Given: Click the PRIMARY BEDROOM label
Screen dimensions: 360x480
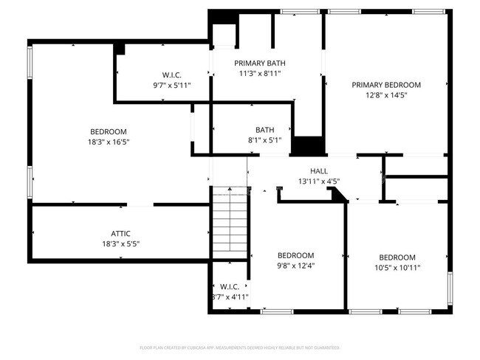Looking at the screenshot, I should tap(386, 85).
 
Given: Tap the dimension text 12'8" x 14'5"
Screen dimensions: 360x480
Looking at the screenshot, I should tap(386, 95).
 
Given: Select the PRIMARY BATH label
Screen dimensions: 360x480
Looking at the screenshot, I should tap(260, 63).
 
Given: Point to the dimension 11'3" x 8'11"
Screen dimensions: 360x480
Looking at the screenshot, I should tap(260, 73).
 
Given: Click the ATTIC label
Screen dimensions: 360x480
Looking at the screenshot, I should tap(121, 234).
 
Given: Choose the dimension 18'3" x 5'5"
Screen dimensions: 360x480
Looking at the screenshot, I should tap(121, 244).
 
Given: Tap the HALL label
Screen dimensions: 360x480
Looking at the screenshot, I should tap(319, 170).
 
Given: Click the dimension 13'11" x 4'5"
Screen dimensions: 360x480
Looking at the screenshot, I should tap(319, 181).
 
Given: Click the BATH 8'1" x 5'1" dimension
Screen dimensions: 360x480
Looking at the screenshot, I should tap(265, 139).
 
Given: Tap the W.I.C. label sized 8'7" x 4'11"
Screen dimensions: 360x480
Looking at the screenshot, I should tap(230, 286).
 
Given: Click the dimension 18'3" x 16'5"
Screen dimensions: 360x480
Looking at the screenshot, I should tap(109, 142).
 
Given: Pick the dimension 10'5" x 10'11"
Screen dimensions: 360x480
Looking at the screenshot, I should tap(397, 268).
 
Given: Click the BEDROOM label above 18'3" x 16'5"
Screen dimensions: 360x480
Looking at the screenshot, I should tap(109, 132).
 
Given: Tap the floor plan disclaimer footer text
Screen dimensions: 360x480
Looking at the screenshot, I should tap(240, 347).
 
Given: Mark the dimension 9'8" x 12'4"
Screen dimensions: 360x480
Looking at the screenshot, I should tap(295, 267).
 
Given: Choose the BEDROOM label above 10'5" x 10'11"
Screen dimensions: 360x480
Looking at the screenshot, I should tap(397, 257).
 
